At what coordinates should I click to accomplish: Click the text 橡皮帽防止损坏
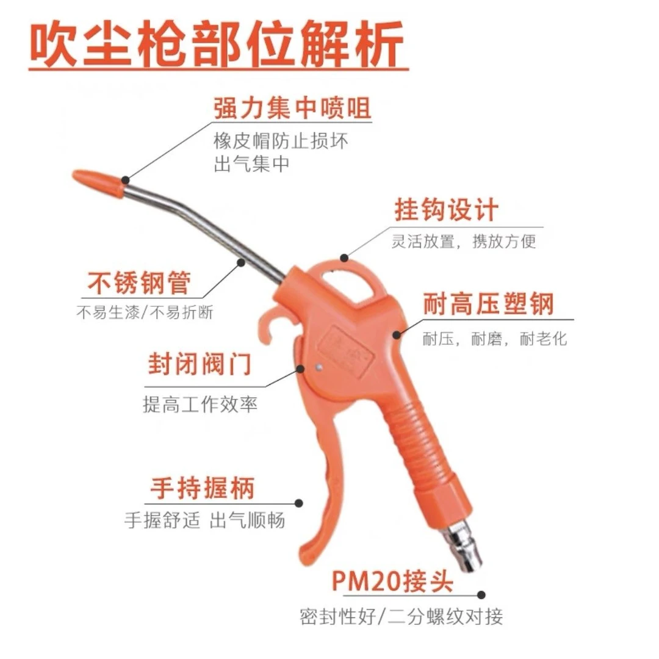(281, 141)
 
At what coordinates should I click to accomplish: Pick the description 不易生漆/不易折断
(145, 312)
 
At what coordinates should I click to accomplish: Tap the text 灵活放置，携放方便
(464, 241)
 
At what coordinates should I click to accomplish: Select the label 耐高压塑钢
(488, 303)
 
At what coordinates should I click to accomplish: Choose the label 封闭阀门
(200, 366)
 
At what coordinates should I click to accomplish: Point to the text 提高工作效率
(200, 404)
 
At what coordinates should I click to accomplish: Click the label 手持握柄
(202, 488)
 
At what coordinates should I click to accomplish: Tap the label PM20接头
(393, 581)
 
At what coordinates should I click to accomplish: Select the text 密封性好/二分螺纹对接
(402, 616)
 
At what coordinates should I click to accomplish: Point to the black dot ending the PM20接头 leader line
(481, 594)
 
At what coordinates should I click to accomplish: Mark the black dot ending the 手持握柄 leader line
(298, 503)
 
